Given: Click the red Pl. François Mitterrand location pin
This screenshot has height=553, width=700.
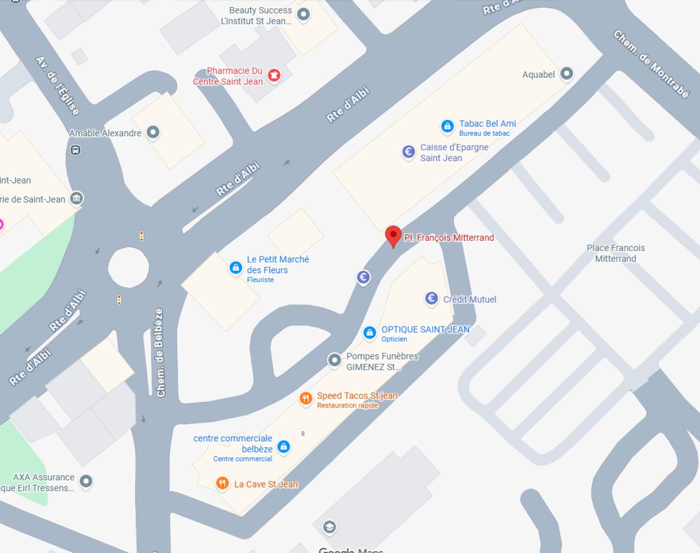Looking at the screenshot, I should [393, 236].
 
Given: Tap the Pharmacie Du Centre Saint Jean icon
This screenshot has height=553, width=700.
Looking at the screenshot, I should [274, 74].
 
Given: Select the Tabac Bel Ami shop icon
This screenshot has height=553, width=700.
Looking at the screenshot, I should [447, 126].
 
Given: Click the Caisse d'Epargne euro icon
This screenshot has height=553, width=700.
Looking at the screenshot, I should [409, 152].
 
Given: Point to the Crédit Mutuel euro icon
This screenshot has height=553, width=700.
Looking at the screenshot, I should [431, 298].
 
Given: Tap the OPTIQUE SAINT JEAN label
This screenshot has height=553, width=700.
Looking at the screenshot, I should [425, 329].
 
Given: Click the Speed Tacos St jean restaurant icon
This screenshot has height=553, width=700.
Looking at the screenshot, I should [305, 398].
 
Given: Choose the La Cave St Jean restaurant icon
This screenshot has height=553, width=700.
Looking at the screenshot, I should [222, 483].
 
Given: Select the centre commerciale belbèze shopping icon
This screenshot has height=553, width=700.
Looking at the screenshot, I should [283, 447].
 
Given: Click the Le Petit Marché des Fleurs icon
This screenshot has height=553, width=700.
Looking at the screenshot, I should [236, 267].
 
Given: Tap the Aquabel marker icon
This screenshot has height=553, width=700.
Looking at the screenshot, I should [567, 73].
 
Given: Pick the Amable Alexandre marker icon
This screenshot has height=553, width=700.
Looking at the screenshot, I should [153, 132].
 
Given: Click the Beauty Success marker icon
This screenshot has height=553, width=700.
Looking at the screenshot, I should [304, 14].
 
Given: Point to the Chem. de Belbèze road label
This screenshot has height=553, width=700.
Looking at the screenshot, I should [160, 352].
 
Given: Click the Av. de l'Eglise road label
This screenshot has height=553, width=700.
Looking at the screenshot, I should [57, 85].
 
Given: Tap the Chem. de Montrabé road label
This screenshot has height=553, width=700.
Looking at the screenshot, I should [651, 64].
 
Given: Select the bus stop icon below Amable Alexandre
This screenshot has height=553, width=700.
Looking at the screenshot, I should [75, 150].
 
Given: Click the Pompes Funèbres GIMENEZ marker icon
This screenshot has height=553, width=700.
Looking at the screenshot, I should [334, 360].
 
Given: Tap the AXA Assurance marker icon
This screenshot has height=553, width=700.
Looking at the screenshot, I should [86, 481].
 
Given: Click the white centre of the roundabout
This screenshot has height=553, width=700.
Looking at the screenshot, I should [129, 267].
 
